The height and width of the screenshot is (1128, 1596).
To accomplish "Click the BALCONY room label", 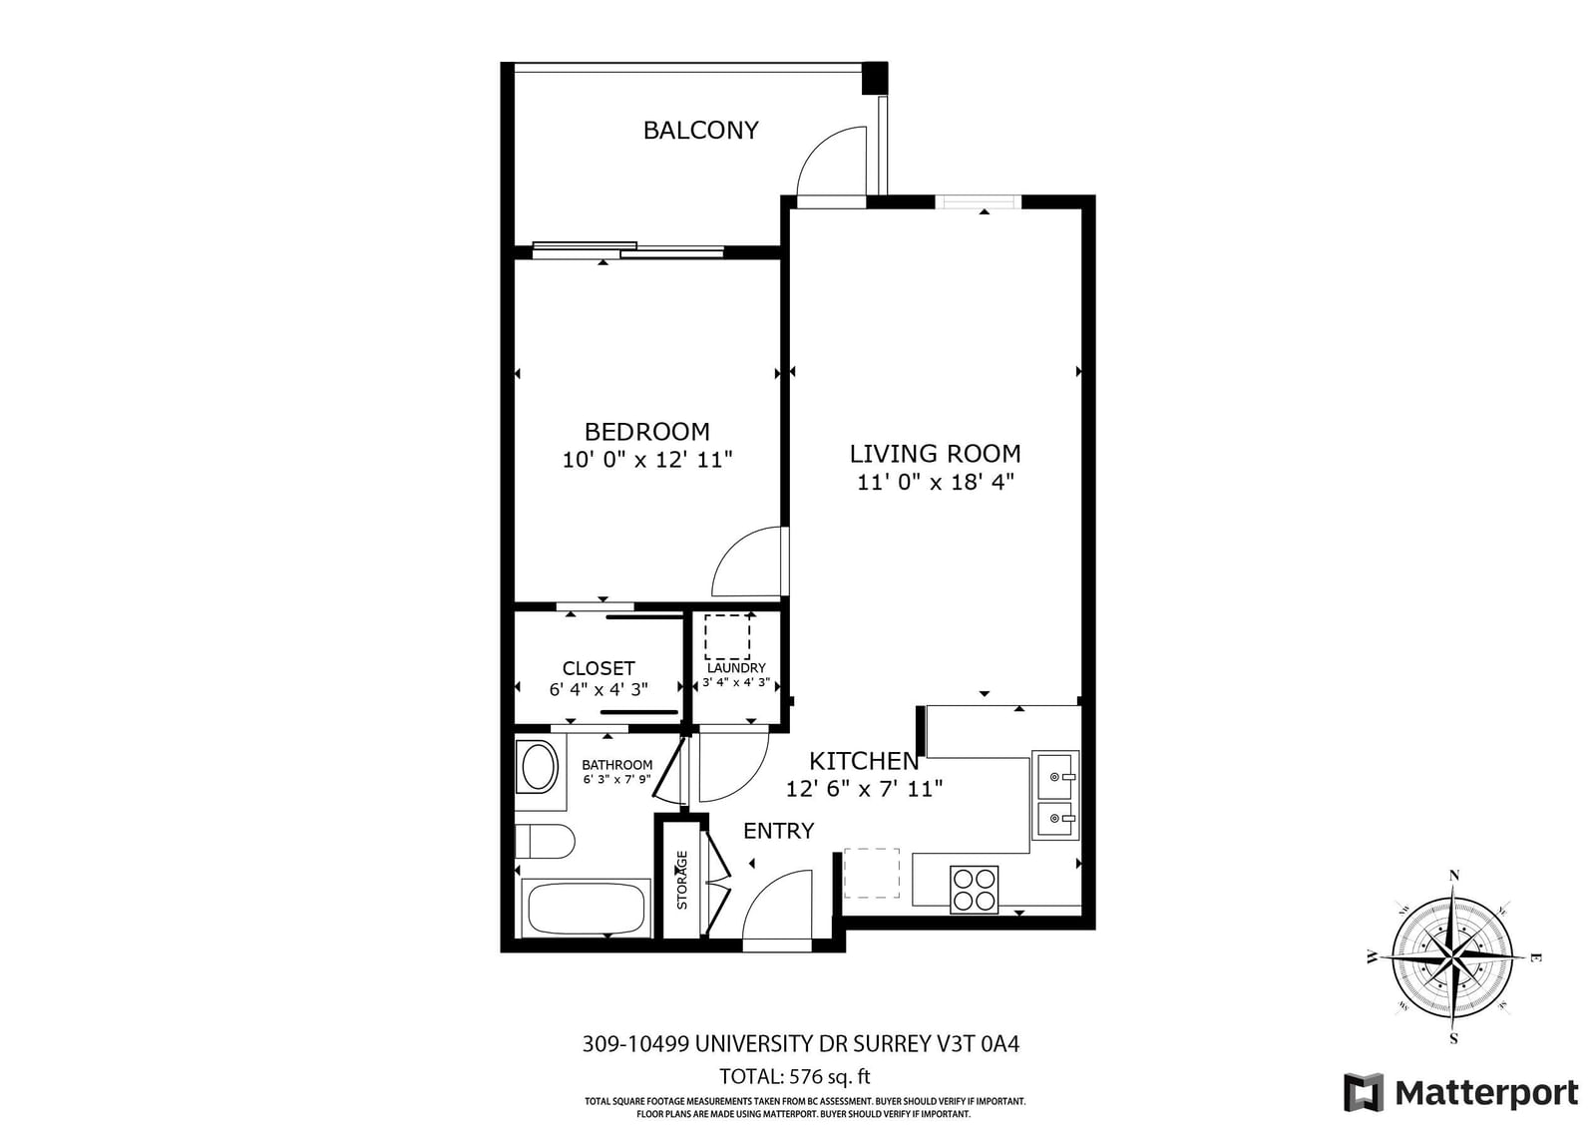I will tap(700, 130).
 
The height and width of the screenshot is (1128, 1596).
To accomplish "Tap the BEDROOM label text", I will tap(646, 432).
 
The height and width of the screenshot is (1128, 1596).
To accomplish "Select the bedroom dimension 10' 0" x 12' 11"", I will tap(646, 460).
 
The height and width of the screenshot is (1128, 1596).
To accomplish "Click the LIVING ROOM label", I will tap(935, 454).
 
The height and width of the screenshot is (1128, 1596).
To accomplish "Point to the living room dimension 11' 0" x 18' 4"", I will tap(935, 483).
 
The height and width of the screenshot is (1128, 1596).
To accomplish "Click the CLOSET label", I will tap(598, 668).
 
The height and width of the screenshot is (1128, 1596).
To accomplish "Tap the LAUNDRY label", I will tap(736, 668).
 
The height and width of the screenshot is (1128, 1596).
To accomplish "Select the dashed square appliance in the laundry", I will tap(727, 636).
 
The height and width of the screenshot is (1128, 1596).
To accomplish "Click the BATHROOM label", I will tap(617, 765).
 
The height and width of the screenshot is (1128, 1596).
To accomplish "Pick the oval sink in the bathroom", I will tap(538, 767).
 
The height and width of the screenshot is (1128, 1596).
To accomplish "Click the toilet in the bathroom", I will tap(545, 841).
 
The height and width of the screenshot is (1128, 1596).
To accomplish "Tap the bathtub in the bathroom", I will tap(586, 908).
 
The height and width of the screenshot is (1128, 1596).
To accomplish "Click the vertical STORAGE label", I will tap(682, 880).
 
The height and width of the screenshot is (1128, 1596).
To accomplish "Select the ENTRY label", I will tap(778, 831).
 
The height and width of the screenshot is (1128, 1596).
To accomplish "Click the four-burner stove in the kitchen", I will tap(974, 890).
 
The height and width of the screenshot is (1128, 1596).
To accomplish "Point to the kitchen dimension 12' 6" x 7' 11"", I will tap(864, 789).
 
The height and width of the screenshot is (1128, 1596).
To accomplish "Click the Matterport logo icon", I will tap(1364, 1092).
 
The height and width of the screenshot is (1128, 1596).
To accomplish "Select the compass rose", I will tap(1453, 957).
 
